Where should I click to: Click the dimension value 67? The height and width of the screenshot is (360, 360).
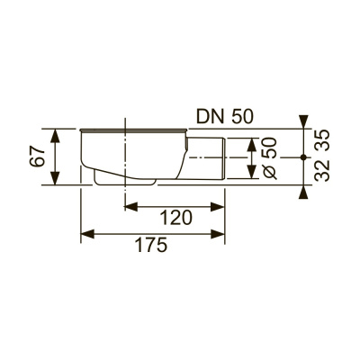(x=35, y=158)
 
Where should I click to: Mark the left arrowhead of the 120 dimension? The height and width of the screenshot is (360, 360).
(x=127, y=206)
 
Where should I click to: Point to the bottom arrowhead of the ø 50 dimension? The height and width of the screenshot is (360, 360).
(x=249, y=175)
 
